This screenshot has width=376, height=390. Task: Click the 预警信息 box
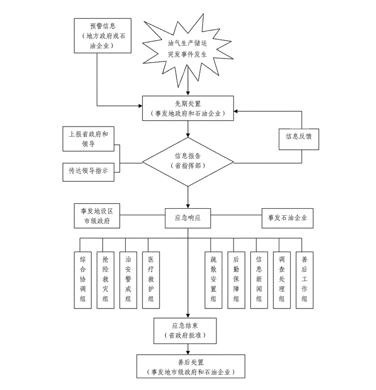pyautogui.click(x=103, y=35)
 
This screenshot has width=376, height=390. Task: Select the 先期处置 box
pyautogui.click(x=187, y=108)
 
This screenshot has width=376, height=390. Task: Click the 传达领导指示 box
pyautogui.click(x=88, y=171)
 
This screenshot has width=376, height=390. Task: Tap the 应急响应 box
pyautogui.click(x=187, y=218)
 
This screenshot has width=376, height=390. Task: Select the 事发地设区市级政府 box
pyautogui.click(x=97, y=217)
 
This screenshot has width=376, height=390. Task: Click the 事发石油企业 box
pyautogui.click(x=287, y=218)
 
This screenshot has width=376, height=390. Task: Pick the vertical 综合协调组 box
pyautogui.click(x=83, y=279)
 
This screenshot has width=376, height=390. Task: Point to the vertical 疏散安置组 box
pyautogui.click(x=213, y=279)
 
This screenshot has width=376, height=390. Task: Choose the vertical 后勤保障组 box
pyautogui.click(x=236, y=279)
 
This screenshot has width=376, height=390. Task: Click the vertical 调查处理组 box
pyautogui.click(x=282, y=279)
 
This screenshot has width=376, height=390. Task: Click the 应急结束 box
pyautogui.click(x=186, y=330)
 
